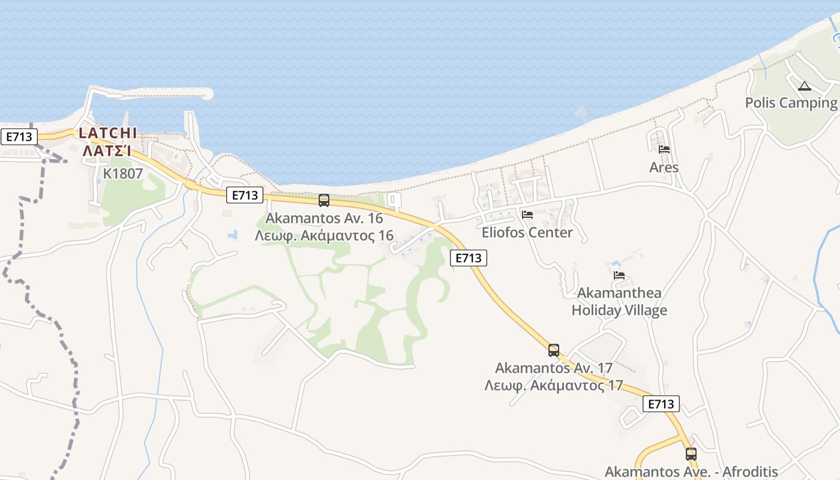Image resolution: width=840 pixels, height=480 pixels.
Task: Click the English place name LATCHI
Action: [x=108, y=133]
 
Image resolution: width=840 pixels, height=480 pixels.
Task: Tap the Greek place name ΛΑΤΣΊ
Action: [x=107, y=151]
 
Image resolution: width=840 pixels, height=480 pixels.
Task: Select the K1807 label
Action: [x=123, y=174]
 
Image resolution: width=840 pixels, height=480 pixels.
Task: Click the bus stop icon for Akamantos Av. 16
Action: [x=324, y=200]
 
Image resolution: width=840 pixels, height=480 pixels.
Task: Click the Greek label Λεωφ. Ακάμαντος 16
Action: [x=324, y=235]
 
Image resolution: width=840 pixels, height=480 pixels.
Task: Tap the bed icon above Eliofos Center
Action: [x=527, y=214]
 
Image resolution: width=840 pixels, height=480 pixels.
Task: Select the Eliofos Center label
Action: [x=527, y=232]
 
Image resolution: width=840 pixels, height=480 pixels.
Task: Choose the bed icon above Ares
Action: [x=664, y=149]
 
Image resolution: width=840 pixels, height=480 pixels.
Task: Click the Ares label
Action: [x=664, y=167]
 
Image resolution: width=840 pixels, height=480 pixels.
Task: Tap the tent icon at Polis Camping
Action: [x=805, y=86]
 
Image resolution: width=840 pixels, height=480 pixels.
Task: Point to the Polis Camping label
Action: [x=791, y=103]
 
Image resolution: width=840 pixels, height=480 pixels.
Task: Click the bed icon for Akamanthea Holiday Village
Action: [x=619, y=275]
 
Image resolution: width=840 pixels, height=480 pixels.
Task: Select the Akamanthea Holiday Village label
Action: [x=619, y=301]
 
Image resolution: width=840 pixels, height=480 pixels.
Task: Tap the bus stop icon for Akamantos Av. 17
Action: [x=554, y=350]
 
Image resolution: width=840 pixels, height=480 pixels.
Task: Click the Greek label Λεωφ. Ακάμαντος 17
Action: [x=554, y=385]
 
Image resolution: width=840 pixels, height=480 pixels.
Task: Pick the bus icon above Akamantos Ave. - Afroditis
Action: [x=691, y=454]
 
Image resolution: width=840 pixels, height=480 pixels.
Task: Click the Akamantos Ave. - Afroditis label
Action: [x=691, y=472]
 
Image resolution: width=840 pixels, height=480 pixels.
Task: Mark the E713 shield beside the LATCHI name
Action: [x=19, y=137]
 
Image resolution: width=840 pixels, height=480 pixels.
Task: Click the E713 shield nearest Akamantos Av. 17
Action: [x=661, y=404]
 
